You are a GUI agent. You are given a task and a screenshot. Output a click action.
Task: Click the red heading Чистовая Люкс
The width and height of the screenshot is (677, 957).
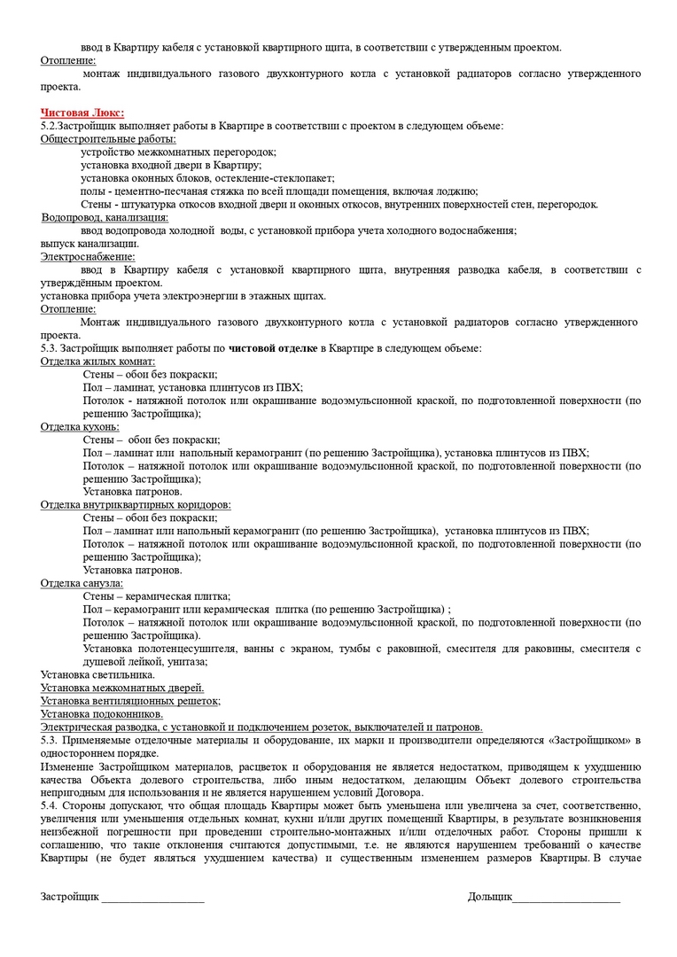click(x=82, y=113)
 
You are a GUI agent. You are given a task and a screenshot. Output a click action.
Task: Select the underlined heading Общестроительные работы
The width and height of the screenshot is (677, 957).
click(x=108, y=139)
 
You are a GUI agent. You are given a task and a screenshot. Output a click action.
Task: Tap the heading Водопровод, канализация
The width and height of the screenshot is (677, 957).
click(x=105, y=217)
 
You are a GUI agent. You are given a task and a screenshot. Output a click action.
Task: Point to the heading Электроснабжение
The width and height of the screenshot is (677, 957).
click(x=81, y=256)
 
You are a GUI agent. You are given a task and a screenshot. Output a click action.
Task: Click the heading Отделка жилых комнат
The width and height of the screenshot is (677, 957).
click(x=98, y=361)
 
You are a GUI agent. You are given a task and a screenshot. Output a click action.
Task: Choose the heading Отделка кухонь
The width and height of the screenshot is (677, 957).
click(x=80, y=426)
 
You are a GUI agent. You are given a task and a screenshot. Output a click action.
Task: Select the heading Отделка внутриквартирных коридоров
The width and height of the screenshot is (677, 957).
click(x=136, y=504)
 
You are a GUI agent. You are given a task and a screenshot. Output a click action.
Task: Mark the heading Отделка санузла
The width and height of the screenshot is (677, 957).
click(x=82, y=583)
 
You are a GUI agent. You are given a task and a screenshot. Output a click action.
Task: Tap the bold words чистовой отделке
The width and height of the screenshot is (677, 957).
click(x=274, y=348)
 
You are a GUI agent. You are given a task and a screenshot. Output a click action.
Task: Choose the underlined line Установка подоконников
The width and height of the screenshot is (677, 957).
click(x=102, y=713)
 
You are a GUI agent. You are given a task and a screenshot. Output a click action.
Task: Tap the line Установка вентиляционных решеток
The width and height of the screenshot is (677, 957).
click(x=130, y=700)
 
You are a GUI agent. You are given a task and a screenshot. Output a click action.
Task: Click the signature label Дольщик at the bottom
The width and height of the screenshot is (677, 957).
click(x=490, y=898)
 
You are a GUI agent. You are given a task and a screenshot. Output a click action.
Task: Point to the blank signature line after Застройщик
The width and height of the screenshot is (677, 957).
click(x=152, y=899)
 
